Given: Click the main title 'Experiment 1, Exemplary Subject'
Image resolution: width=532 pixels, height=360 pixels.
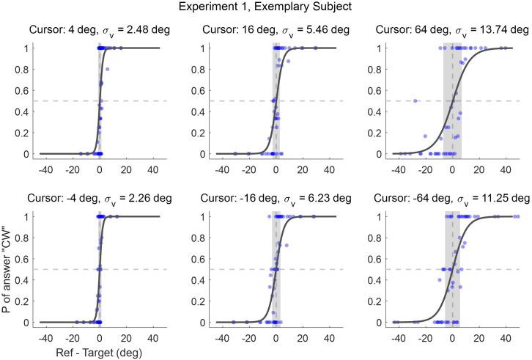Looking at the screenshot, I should tap(266, 9).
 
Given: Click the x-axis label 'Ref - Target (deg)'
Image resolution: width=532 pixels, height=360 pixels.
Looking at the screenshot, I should tap(100, 351).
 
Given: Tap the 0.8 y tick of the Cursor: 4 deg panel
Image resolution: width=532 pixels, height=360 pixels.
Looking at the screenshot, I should tap(26, 70).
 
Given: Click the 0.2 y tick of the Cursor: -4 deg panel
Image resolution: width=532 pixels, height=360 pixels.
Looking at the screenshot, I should tap(26, 301).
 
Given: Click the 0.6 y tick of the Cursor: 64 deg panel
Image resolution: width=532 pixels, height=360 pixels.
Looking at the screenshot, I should tap(380, 91).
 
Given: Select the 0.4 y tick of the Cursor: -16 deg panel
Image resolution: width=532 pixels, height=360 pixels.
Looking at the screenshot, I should tap(203, 280).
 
